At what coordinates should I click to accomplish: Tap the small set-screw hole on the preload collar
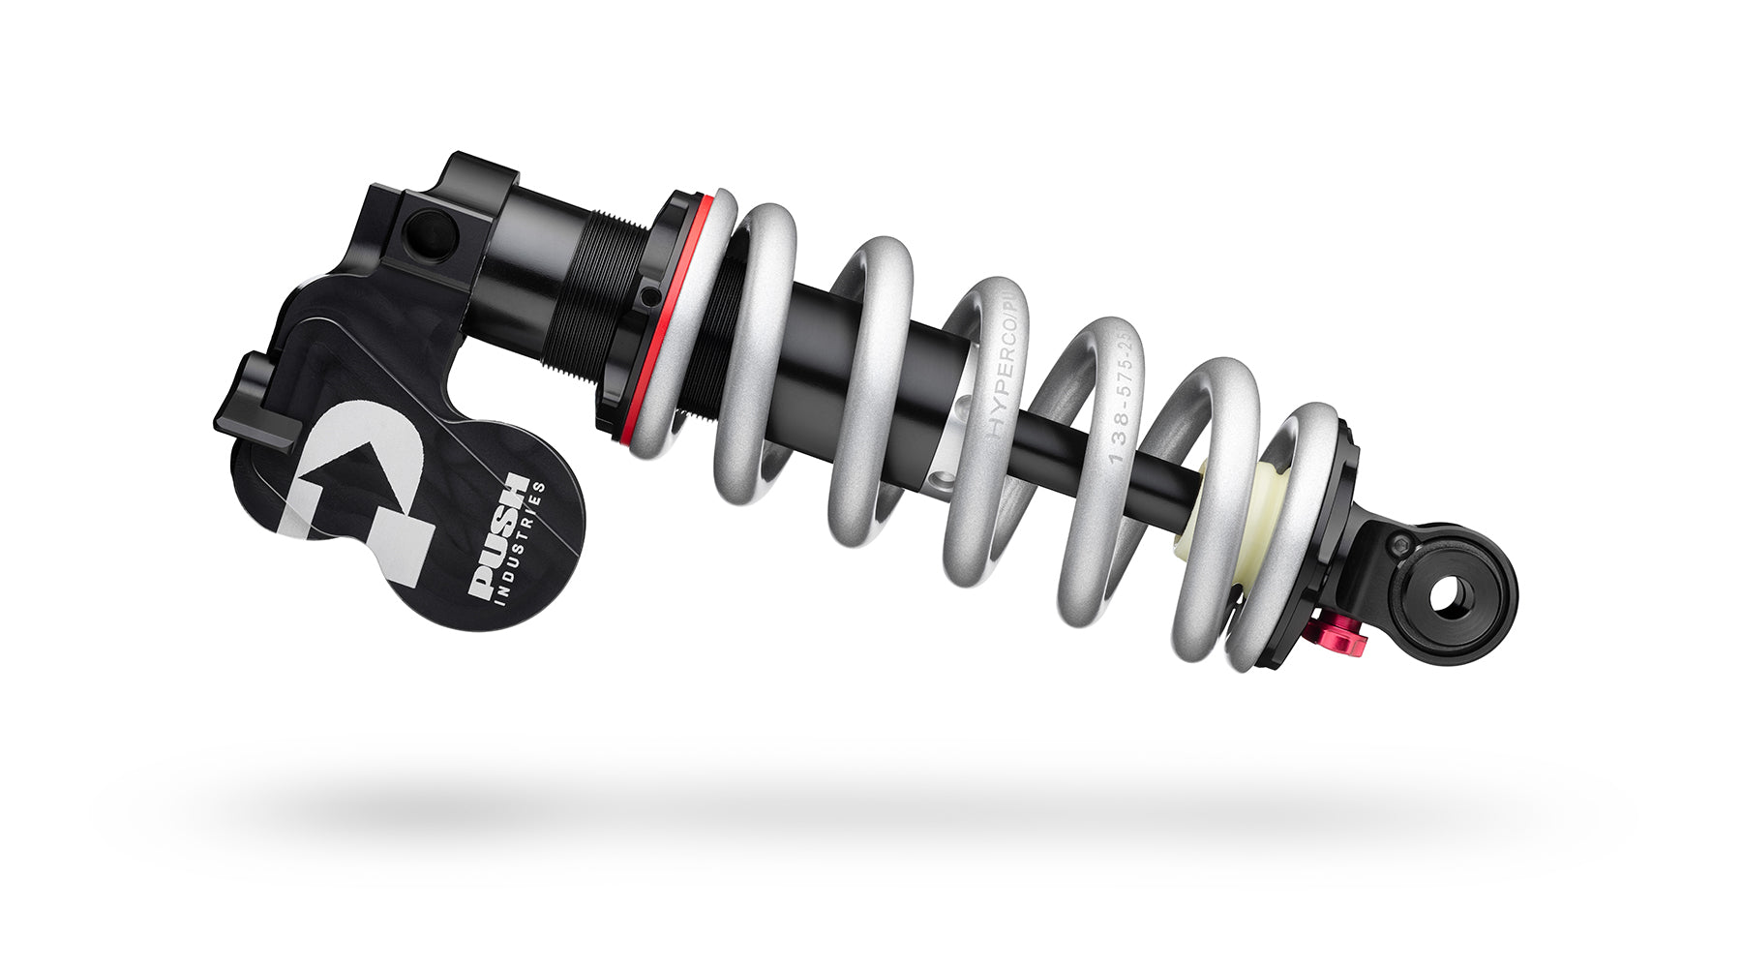pyautogui.click(x=647, y=293)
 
